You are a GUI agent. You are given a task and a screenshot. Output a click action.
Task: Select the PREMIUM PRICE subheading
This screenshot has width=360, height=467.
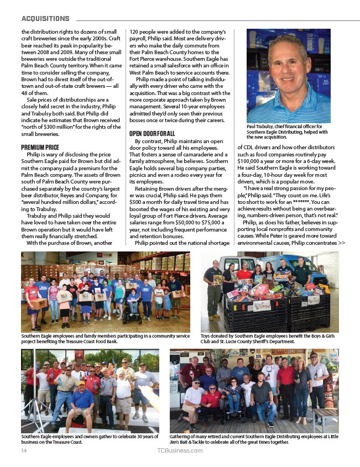coord(40,147)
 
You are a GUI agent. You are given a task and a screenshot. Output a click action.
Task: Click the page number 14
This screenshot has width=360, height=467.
coord(23,450)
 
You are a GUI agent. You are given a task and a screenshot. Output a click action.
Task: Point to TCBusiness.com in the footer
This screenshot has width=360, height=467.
coord(180,450)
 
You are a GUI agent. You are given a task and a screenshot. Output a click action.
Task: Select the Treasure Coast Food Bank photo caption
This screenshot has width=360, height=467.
coord(105,338)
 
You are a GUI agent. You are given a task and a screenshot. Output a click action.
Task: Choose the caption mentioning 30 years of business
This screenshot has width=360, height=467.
coord(88,439)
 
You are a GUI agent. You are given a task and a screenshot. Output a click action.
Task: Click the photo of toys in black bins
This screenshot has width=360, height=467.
coord(270,291)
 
